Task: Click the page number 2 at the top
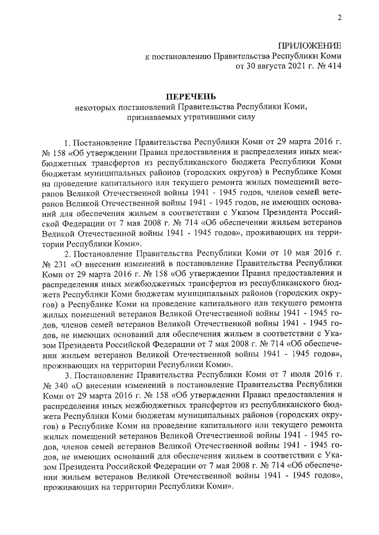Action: [341, 18]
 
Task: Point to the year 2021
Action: [292, 67]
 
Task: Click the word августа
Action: [263, 67]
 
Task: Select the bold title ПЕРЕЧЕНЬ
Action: [189, 96]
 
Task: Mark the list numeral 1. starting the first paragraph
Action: [68, 143]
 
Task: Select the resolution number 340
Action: [63, 388]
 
